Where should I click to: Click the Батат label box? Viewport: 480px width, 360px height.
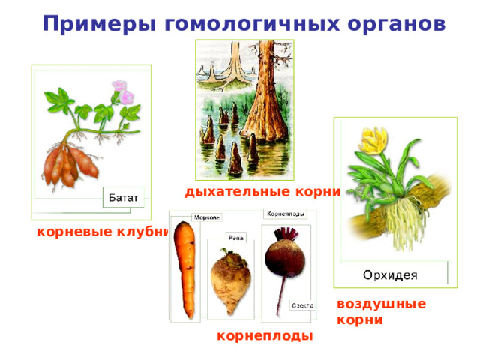[124, 197]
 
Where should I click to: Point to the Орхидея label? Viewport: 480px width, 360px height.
[389, 273]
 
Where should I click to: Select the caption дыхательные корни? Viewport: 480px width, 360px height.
[262, 191]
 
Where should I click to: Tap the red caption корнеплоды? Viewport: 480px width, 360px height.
[265, 336]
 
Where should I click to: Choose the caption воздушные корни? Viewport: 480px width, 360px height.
[381, 311]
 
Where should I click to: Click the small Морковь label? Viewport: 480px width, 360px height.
[206, 218]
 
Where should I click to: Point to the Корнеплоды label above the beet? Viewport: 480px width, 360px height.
[286, 213]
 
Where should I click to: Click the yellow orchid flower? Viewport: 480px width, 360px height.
[374, 140]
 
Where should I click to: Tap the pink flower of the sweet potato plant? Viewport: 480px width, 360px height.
[122, 93]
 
